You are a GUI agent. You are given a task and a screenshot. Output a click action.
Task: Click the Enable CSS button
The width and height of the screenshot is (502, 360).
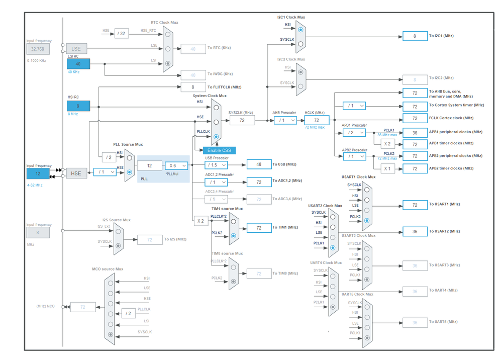(219, 150)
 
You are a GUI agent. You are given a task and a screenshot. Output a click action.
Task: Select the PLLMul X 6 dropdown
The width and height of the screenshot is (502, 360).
(176, 165)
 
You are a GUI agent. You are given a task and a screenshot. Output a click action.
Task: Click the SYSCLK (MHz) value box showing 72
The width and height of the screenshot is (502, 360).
(242, 120)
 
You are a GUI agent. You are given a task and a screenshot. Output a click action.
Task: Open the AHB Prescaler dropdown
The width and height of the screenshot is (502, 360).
(285, 120)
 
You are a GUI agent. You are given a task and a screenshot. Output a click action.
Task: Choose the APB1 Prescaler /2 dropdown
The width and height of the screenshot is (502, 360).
(354, 133)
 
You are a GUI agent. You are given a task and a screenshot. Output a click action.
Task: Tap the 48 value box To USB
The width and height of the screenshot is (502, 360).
(259, 164)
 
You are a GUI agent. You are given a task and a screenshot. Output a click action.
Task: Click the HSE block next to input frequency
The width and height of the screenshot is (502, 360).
(76, 173)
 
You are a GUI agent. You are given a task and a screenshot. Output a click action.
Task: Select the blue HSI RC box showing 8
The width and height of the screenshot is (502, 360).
(78, 106)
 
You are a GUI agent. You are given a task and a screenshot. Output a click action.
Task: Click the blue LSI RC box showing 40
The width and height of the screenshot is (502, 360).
(78, 64)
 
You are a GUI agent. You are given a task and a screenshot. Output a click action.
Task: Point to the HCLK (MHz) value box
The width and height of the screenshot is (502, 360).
(317, 120)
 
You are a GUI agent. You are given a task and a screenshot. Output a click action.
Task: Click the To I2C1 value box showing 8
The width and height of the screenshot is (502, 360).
(415, 36)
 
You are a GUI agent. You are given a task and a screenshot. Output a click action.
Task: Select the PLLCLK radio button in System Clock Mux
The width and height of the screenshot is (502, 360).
(216, 136)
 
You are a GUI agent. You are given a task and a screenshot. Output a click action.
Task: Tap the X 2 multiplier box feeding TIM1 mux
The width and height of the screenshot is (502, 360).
(200, 221)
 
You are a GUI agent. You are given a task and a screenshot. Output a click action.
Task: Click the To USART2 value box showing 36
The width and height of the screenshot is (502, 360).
(415, 231)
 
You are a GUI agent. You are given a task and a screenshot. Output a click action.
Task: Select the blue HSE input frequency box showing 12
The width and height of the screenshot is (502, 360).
(38, 173)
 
